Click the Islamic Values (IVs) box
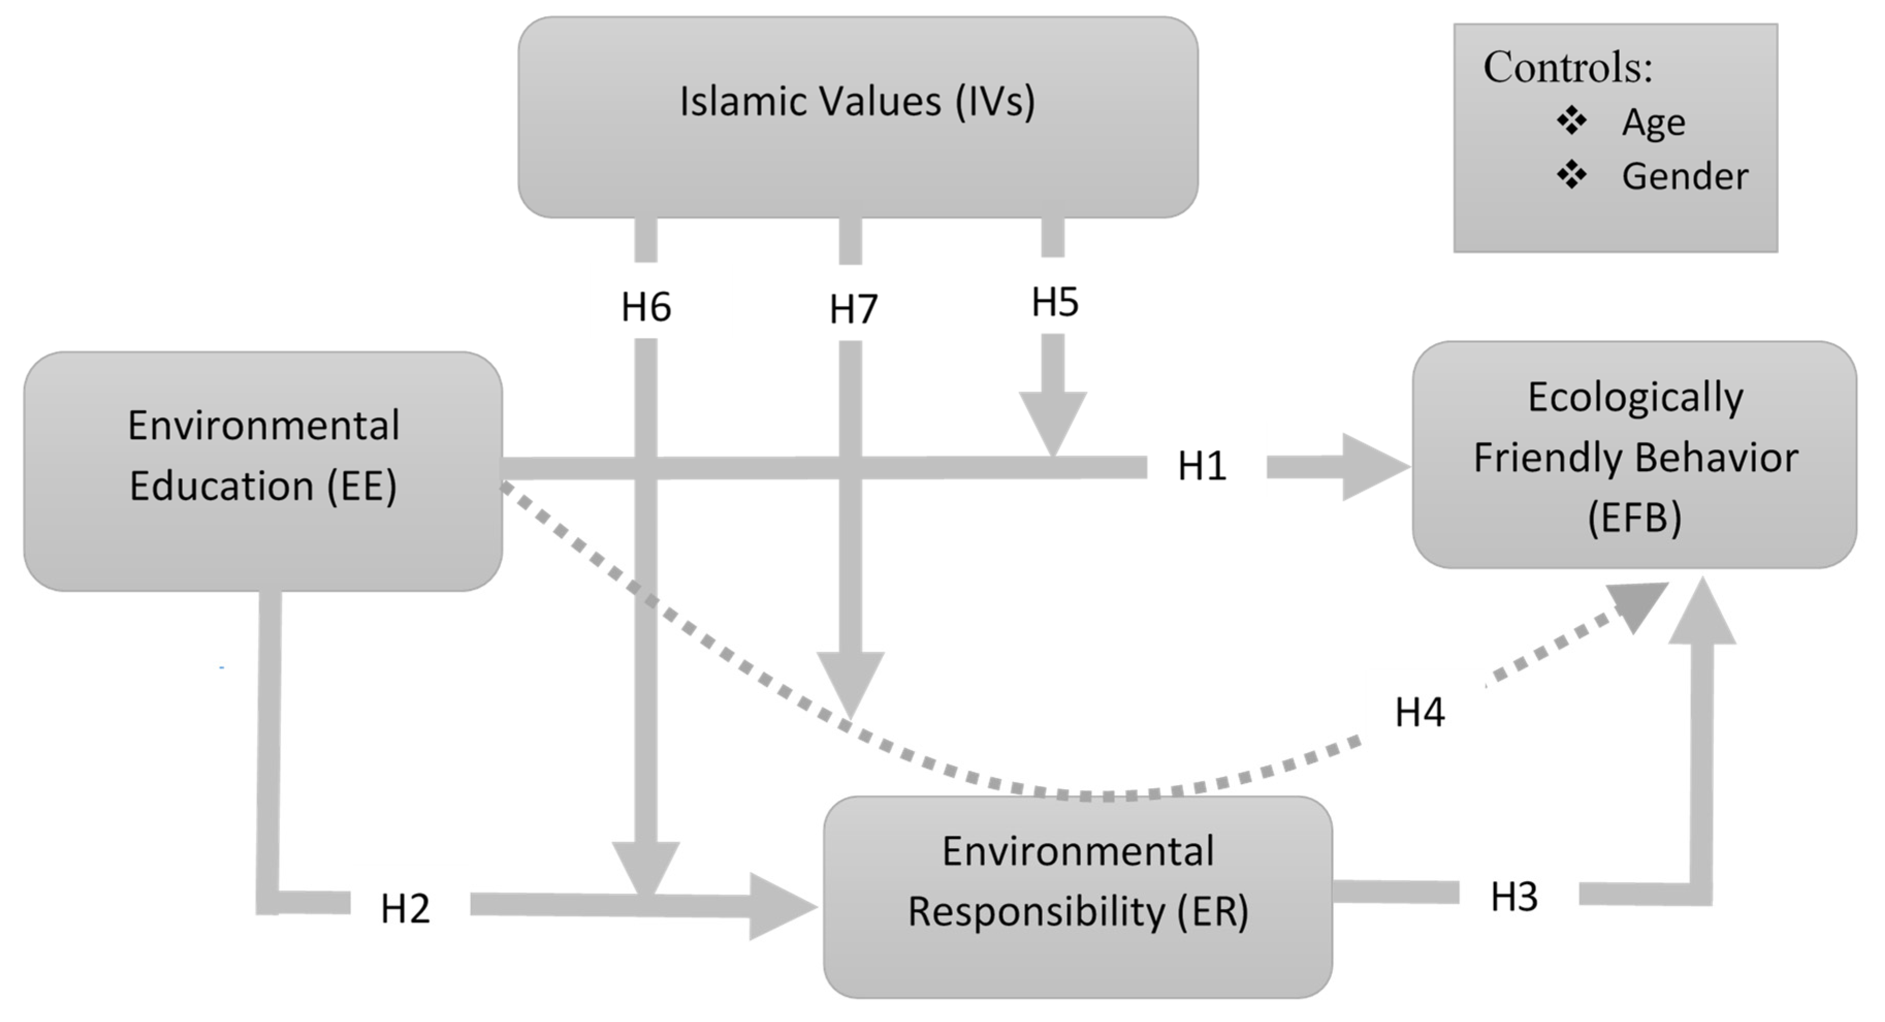pos(858,117)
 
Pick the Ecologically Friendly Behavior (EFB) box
pos(1634,455)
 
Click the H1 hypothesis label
pos(1202,466)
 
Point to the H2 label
pos(405,909)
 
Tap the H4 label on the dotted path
pos(1420,712)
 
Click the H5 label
pos(1054,302)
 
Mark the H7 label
pos(853,309)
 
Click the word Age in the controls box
pos(1653,122)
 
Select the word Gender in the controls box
pos(1684,177)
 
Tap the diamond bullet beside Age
pos(1571,121)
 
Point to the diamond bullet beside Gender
pos(1571,175)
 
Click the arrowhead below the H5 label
pos(1053,420)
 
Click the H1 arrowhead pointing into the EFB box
pos(1372,467)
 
